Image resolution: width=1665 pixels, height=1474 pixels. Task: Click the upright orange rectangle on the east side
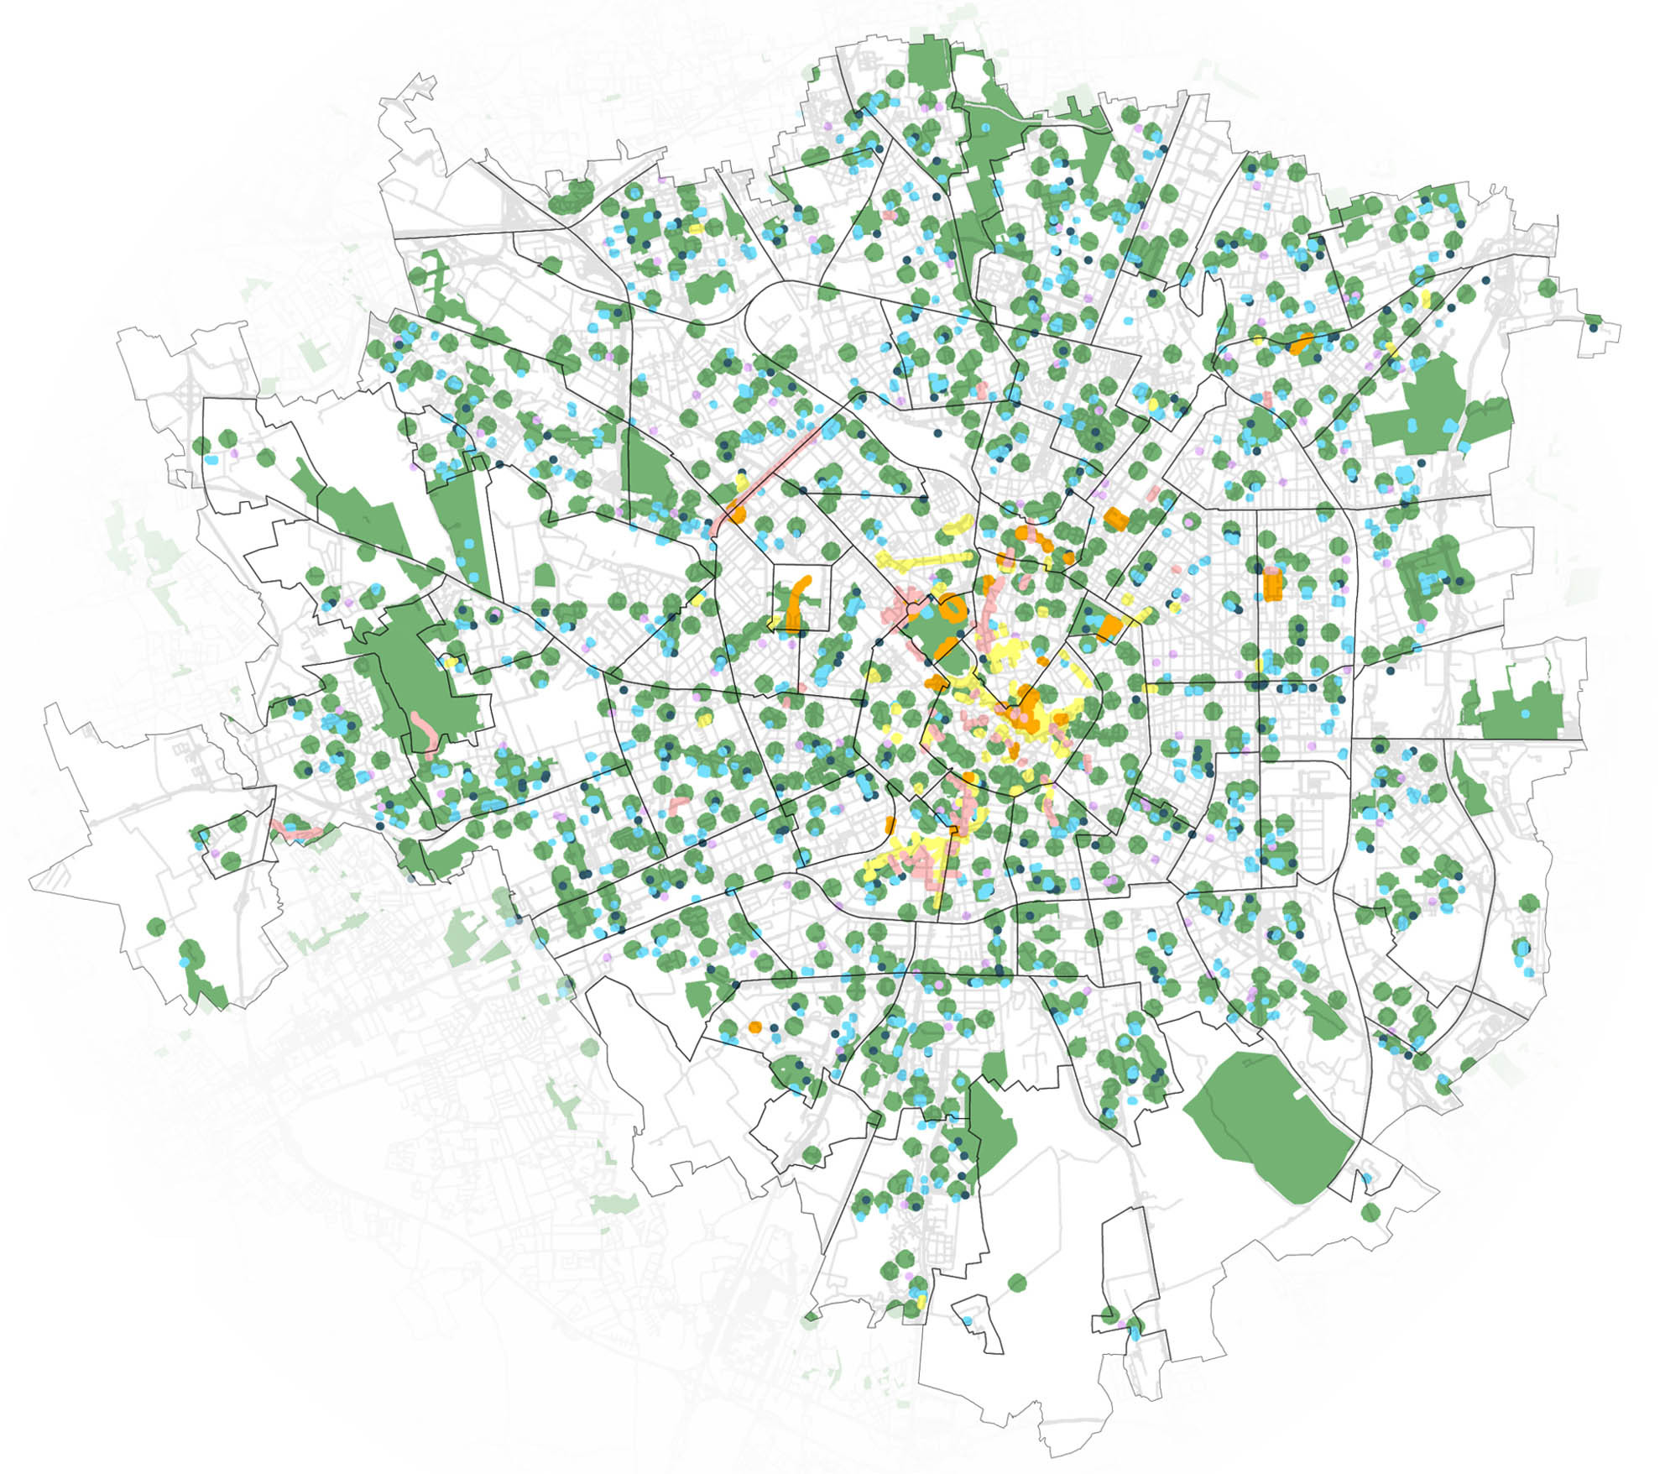tap(1272, 583)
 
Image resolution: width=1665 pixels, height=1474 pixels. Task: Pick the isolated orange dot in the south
tap(754, 1027)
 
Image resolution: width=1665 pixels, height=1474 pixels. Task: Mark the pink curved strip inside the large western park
tap(425, 732)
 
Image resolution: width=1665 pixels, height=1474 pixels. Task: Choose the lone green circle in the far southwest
tap(156, 928)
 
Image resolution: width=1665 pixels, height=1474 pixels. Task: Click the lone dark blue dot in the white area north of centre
tap(937, 433)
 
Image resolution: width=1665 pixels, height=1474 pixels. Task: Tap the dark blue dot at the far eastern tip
tap(1594, 328)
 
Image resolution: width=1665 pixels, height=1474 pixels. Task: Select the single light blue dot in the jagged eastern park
tap(1525, 713)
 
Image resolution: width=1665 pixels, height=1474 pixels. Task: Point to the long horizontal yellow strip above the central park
tap(923, 558)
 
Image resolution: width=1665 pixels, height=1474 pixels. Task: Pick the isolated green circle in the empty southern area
tap(1016, 1283)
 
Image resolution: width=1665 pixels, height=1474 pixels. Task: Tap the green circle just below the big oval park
tap(1370, 1212)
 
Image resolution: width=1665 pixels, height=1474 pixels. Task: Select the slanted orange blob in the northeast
tap(1301, 342)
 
